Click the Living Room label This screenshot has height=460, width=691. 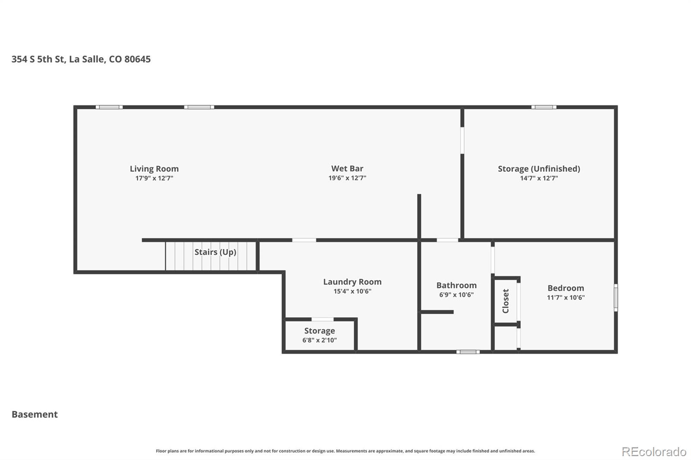pos(154,169)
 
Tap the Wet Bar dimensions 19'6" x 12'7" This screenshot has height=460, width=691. pos(347,178)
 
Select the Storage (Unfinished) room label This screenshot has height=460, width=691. pos(539,169)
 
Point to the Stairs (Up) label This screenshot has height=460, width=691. pos(216,252)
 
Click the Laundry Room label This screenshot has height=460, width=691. pos(352,282)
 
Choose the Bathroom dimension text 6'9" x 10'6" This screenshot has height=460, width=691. pos(456,295)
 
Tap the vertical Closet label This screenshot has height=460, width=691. pos(505,301)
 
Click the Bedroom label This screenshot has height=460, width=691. pos(566,288)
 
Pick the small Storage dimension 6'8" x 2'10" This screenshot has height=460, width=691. pos(319,340)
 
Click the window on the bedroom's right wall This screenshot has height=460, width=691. pos(616,297)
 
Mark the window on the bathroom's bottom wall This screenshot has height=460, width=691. pos(468,352)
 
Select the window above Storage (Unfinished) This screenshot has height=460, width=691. pos(544,107)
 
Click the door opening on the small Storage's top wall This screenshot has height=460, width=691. pos(322,319)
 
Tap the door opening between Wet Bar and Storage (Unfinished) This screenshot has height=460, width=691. pos(462,140)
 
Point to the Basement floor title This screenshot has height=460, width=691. pos(35,414)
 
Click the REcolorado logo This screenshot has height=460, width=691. pos(654,452)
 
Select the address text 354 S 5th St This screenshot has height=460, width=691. pos(38,59)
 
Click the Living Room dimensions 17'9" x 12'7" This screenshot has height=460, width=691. pos(154,178)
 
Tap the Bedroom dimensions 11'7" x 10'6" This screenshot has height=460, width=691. pos(566,297)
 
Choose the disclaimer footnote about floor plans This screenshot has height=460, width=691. pos(345,451)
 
